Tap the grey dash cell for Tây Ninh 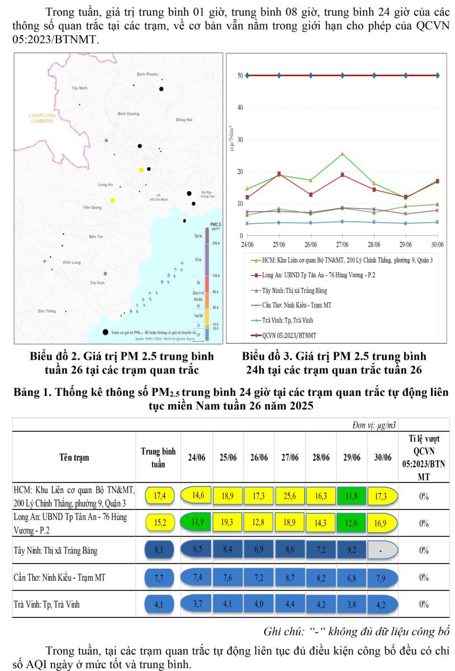click(x=382, y=550)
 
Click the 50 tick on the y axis click(x=239, y=75)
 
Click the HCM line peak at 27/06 click(x=342, y=154)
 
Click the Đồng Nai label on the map click(x=183, y=120)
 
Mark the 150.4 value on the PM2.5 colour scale click(x=216, y=276)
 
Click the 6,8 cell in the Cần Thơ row click(x=352, y=578)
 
